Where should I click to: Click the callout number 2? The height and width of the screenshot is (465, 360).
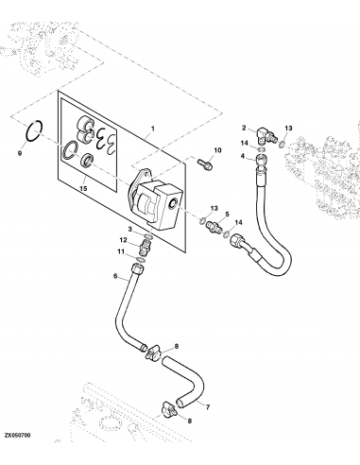[243, 128]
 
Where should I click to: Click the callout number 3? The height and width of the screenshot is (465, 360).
[129, 229]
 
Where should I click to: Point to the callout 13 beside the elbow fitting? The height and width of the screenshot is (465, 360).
[289, 128]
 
